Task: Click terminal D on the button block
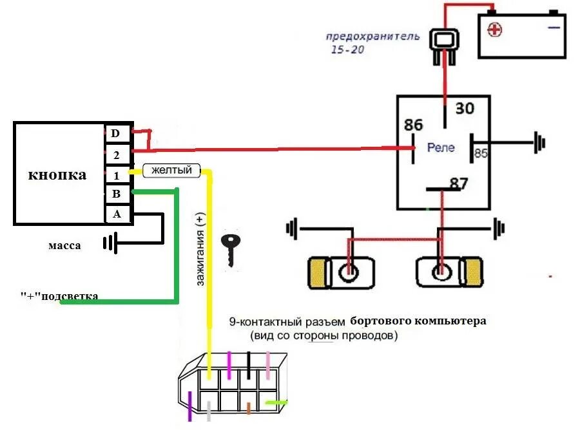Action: coord(116,134)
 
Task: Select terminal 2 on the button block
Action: coord(116,154)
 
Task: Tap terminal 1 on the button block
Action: coord(116,175)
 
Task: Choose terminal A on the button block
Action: coord(116,214)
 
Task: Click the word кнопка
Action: coord(57,175)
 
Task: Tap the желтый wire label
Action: coord(171,171)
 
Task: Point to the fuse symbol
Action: coord(443,45)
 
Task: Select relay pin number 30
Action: coord(465,109)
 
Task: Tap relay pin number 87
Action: coord(458,184)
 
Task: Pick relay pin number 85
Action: coord(481,153)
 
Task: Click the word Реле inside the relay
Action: coord(441,147)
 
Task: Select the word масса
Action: coord(64,246)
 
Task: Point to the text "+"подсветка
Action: coord(59,296)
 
